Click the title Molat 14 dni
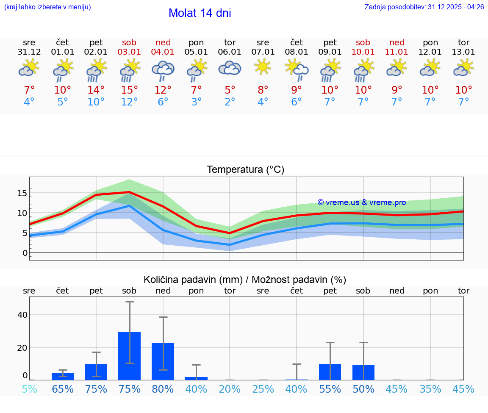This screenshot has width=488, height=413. coord(200,13)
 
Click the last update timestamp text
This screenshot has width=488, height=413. coord(424,7)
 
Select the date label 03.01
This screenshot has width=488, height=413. coord(130,52)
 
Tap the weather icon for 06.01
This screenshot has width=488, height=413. coord(230,68)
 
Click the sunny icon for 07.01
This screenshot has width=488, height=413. coord(263,67)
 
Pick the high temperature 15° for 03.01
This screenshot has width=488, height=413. coord(130,90)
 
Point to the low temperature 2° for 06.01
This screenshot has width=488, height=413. coord(230,102)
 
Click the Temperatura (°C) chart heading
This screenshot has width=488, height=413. coord(245,170)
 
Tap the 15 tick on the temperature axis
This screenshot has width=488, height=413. coord(22,193)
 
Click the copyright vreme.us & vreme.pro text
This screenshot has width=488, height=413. coord(361,202)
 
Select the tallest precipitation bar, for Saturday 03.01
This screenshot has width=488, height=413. coord(130,356)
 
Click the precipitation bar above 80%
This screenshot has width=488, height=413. coord(163,361)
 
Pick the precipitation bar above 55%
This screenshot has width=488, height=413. coord(330,372)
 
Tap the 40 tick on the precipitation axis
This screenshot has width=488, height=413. coord(22,315)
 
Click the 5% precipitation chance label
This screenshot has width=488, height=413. coord(29,389)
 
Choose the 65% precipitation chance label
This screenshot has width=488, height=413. coord(63,389)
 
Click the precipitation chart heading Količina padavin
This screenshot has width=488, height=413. coord(245,280)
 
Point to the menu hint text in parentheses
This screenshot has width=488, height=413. coord(47,7)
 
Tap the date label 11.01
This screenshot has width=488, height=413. coord(396,52)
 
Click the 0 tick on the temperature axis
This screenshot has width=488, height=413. coord(25,253)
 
